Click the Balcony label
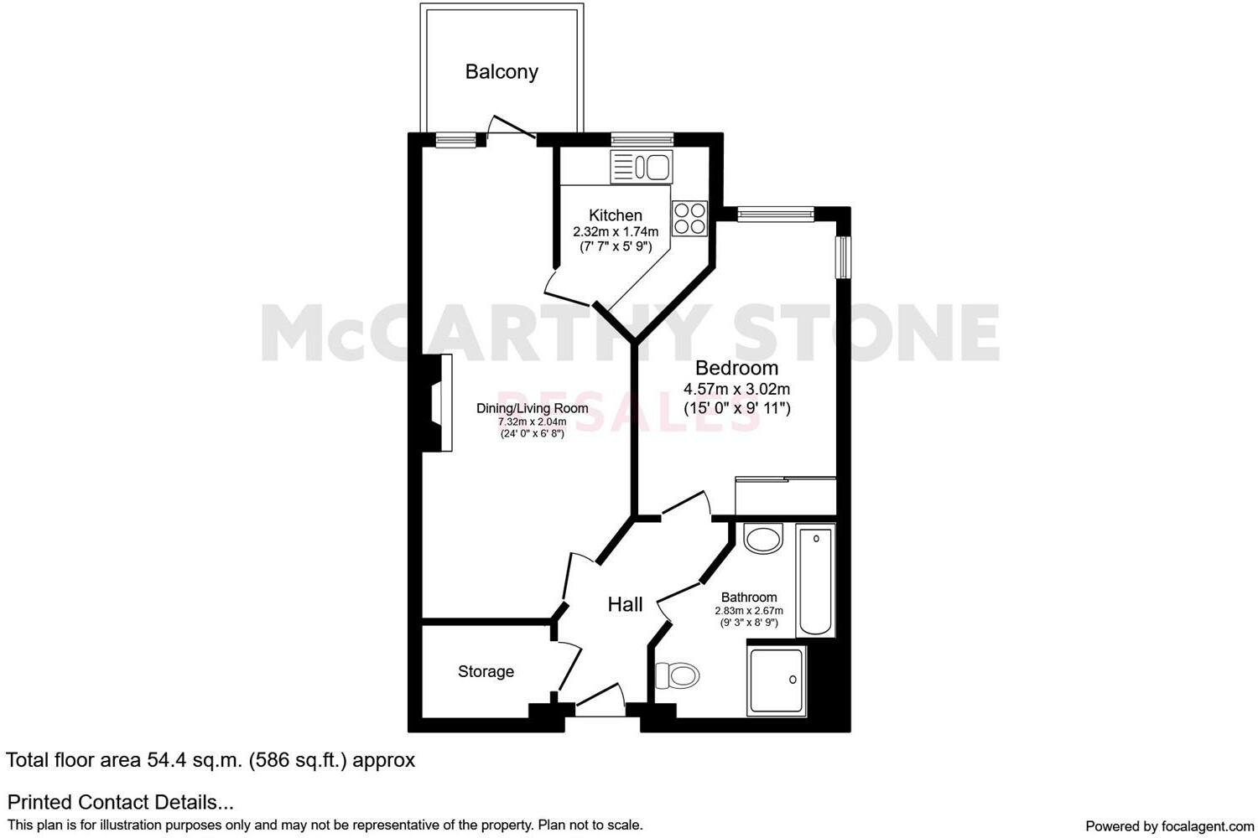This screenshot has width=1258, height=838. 502,72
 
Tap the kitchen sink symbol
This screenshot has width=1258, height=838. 642,168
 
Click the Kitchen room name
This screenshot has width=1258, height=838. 616,215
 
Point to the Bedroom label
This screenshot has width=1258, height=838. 736,368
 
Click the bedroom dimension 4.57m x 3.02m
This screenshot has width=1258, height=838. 736,389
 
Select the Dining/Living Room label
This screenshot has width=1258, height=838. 532,408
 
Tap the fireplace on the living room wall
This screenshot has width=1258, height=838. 440,403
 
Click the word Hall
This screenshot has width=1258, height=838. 625,604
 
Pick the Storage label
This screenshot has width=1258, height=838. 486,671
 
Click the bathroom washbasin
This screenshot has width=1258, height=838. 763,538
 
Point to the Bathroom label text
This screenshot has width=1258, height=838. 749,597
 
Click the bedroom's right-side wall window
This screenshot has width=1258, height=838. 843,257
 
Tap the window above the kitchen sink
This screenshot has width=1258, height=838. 642,140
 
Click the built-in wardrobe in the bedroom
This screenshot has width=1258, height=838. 786,496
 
